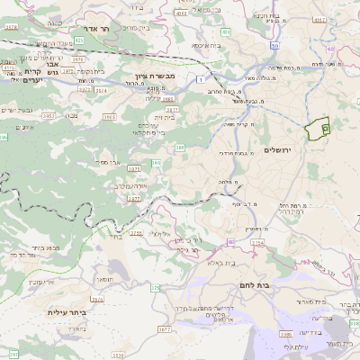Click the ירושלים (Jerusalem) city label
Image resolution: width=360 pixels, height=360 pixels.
pyautogui.click(x=281, y=149)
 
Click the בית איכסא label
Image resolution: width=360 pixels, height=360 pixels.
pyautogui.click(x=205, y=45)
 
